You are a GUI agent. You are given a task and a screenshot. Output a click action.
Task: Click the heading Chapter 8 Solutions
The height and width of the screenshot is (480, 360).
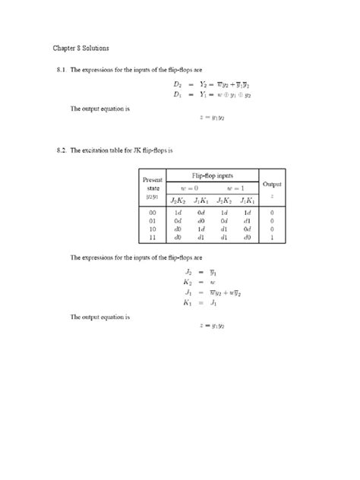point(81,48)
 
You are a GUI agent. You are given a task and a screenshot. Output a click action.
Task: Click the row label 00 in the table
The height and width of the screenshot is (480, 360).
point(153,213)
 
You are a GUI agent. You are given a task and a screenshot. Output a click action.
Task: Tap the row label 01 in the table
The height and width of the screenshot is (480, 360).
point(153,221)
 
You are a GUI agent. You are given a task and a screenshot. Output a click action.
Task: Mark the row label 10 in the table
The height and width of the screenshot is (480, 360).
point(153,229)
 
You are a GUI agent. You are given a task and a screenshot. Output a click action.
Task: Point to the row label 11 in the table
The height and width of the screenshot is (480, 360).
point(153,237)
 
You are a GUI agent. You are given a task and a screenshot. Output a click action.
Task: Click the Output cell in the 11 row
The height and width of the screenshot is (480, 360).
point(271,237)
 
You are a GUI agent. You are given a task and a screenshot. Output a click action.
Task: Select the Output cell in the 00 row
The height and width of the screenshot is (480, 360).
point(271,213)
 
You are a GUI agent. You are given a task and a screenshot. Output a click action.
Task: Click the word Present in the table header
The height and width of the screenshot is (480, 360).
point(153,179)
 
